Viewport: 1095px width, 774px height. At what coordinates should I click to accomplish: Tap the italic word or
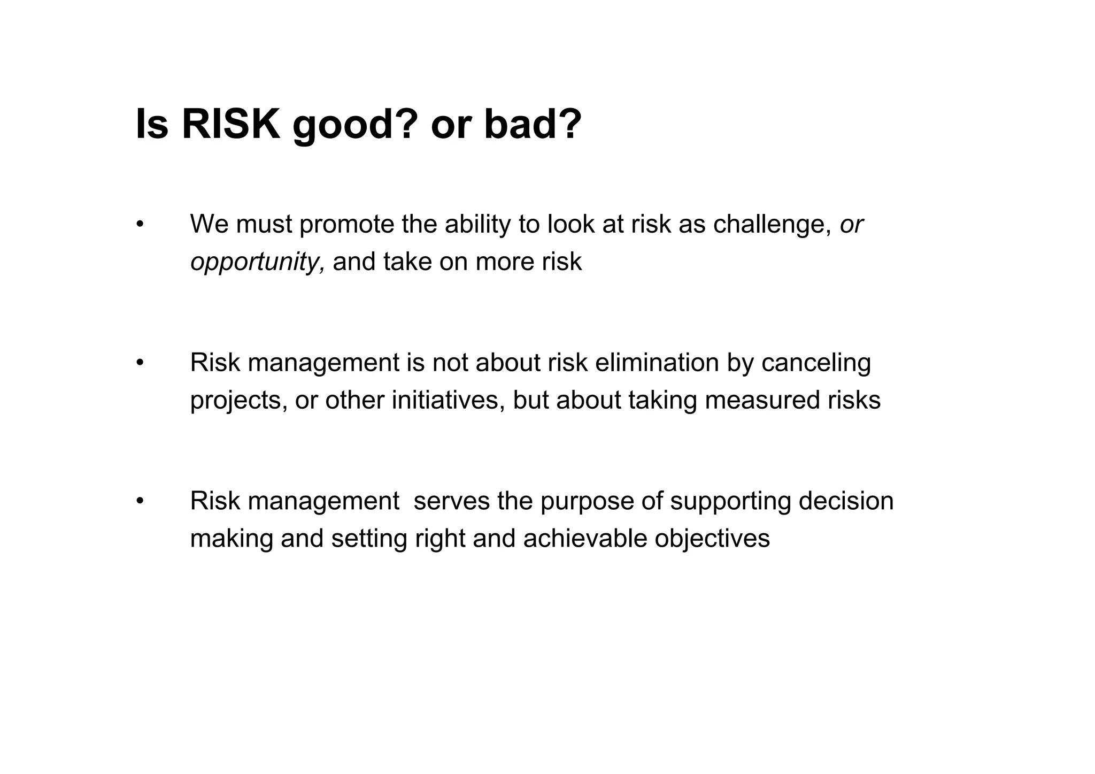(x=851, y=225)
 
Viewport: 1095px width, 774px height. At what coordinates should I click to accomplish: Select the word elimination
(x=657, y=363)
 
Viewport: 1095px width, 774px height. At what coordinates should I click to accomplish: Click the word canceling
(x=816, y=364)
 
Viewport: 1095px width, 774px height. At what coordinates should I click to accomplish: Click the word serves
(x=451, y=501)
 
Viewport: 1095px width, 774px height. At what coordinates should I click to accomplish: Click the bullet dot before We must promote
(x=140, y=225)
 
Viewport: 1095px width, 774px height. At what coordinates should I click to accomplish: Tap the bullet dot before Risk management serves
(x=140, y=502)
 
